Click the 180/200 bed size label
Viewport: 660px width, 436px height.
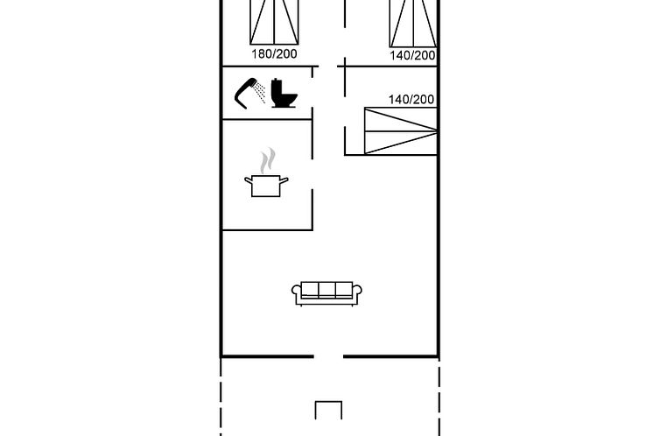point(274,54)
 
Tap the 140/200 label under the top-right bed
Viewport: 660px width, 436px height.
point(412,55)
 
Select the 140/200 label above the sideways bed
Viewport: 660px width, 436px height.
point(411,99)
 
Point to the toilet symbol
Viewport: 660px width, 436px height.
point(284,93)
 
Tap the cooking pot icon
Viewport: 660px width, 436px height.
point(266,186)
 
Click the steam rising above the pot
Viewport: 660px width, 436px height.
point(267,160)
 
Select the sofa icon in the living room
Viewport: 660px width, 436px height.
point(326,293)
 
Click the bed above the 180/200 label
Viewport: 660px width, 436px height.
point(274,22)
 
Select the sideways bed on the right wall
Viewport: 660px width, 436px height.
point(400,130)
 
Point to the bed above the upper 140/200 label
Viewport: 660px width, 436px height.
point(413,23)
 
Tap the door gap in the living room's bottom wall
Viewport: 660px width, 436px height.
point(328,356)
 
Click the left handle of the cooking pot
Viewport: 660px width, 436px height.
point(249,180)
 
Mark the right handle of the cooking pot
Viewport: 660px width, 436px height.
point(284,180)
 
